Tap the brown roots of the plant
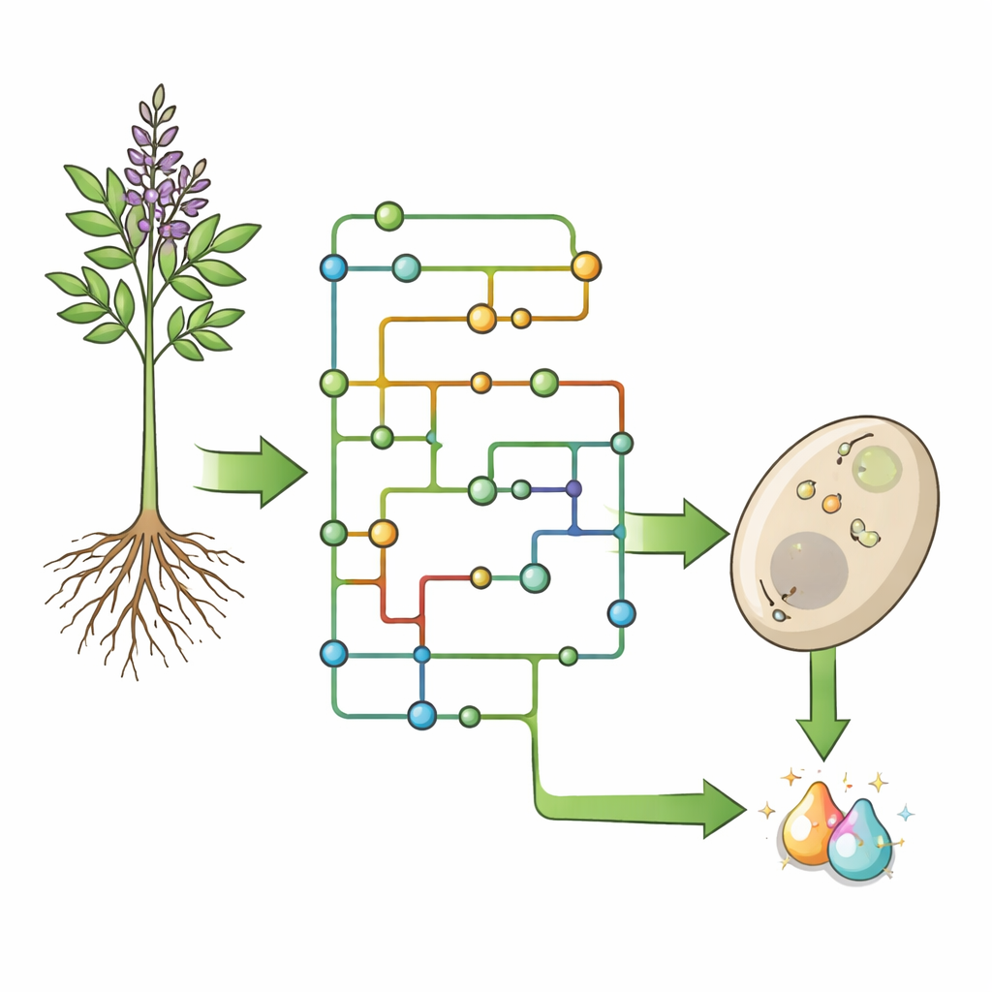(145, 581)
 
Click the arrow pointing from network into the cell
(678, 532)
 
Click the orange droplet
(808, 824)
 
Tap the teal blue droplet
(859, 841)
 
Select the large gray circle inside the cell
(809, 571)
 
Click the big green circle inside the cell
(877, 468)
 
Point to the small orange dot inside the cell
(831, 504)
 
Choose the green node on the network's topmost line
(388, 216)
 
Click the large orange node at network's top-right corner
(586, 265)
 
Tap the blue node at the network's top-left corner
(333, 267)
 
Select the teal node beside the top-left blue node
(407, 267)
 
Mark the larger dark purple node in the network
(573, 488)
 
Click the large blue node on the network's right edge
(621, 613)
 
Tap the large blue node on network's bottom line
(421, 715)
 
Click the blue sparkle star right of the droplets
(905, 812)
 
